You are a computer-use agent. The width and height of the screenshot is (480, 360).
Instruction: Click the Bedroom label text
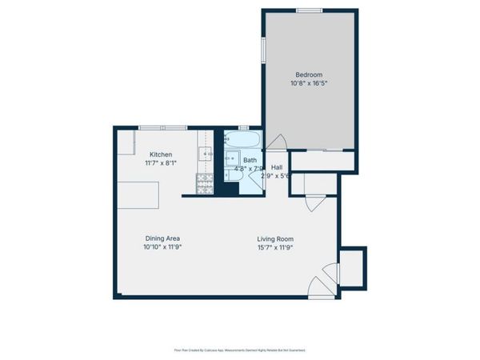point(309,74)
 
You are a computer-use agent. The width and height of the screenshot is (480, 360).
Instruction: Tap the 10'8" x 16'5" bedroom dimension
point(309,82)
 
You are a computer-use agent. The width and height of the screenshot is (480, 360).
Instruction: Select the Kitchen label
point(161,154)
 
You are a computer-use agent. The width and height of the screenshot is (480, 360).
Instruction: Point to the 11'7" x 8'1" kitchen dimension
point(161,162)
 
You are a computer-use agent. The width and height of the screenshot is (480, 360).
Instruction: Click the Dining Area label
point(162,238)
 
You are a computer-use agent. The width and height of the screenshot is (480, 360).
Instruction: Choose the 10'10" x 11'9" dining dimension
point(162,247)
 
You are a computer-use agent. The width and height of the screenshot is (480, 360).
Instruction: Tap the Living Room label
point(275,238)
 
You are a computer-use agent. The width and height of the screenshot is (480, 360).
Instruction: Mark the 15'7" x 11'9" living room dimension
point(275,247)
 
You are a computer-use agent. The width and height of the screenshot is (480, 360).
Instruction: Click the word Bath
point(250,160)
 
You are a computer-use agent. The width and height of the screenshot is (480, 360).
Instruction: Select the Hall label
point(276,167)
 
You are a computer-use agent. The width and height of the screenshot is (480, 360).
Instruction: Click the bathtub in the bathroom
point(242,139)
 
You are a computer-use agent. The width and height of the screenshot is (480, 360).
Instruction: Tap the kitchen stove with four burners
point(204,184)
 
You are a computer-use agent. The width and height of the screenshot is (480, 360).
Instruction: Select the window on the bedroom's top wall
point(309,10)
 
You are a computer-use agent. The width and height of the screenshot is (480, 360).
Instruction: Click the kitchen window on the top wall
point(162,128)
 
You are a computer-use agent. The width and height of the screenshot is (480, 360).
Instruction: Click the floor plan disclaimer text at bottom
point(240,350)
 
